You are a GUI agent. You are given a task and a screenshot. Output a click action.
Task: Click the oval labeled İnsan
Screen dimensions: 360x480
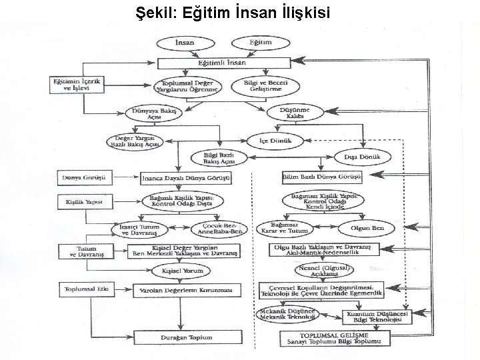(185, 43)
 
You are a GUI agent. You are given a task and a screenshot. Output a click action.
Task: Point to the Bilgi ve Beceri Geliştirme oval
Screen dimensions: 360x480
(263, 85)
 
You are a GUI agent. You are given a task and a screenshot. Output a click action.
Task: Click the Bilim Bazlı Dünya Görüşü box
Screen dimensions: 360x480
(322, 177)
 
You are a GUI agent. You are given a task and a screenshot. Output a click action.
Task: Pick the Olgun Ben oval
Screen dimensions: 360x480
(369, 228)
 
